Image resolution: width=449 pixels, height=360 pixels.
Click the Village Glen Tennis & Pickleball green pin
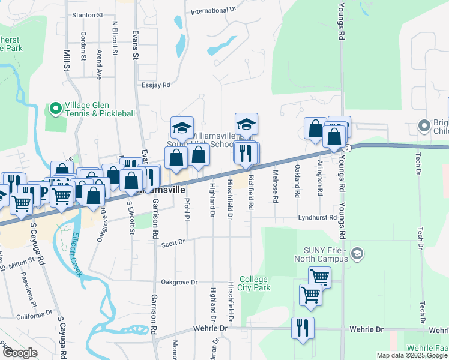[56, 109]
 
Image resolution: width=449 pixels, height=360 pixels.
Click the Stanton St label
[87, 14]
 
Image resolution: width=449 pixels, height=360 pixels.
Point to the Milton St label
[22, 263]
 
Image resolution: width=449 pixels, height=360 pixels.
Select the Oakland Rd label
[297, 184]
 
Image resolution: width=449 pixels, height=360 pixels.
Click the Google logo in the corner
[20, 353]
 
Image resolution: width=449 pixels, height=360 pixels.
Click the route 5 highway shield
[346, 148]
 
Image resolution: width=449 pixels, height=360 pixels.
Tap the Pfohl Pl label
[187, 208]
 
